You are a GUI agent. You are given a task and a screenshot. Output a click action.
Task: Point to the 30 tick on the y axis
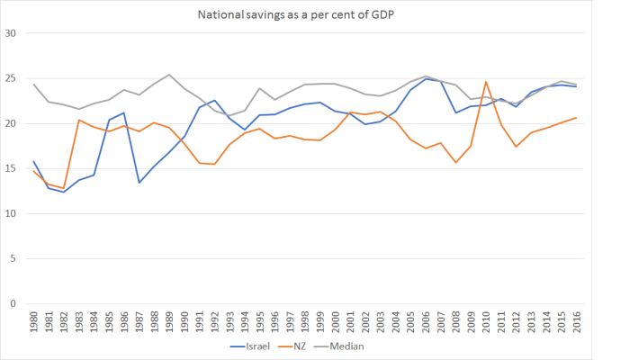coord(13,33)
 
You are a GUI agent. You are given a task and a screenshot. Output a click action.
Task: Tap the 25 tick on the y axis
coord(13,78)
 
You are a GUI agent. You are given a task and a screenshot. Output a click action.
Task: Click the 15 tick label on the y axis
coord(13,168)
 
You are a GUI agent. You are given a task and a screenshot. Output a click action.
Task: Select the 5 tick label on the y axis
coord(15,258)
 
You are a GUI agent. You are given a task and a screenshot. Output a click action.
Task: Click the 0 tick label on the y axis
coord(15,303)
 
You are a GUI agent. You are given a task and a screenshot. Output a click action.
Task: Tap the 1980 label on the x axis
coord(33,320)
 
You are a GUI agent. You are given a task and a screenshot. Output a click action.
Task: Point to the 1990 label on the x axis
coord(184,320)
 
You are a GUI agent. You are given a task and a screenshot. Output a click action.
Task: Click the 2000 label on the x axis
coord(335,320)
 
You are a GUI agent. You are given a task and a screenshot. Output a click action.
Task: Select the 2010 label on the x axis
coord(486,320)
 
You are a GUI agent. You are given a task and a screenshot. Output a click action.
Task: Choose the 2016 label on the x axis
coord(576,320)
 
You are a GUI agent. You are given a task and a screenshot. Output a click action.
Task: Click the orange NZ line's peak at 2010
coord(486,82)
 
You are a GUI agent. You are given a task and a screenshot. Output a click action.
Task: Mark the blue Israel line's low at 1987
coord(139,183)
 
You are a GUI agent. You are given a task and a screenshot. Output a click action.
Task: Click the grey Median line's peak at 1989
coord(169,75)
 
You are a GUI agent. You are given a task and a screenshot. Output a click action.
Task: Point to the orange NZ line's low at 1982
coord(64,188)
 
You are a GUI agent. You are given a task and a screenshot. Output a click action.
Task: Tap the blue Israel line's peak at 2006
coord(426,78)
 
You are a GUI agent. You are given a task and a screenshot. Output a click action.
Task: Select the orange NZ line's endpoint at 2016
coord(576,118)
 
